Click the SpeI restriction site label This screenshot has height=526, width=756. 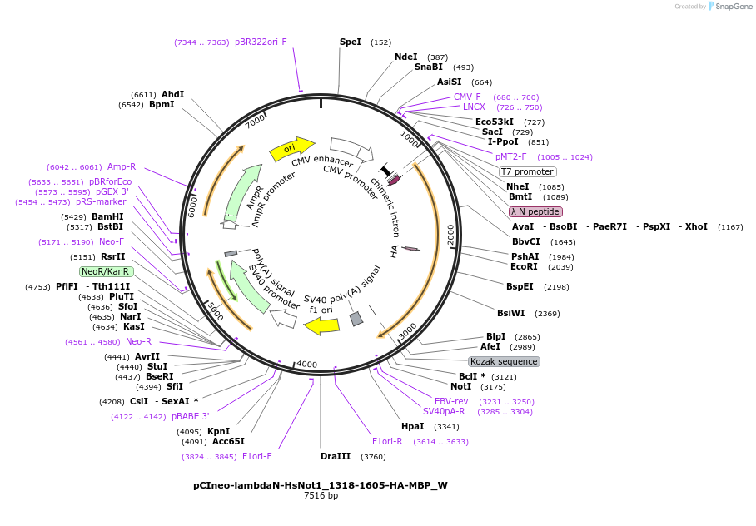[351, 42]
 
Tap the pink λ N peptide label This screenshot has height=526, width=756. [535, 211]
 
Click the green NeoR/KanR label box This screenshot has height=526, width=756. [106, 271]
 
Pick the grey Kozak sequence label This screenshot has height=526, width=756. [505, 361]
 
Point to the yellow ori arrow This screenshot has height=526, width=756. [291, 149]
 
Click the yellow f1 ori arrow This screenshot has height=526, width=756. [321, 325]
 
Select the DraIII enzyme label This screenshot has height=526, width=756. [336, 456]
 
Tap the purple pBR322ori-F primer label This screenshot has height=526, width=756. [261, 42]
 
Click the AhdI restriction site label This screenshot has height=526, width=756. [172, 94]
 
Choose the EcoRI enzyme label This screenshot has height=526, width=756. [524, 266]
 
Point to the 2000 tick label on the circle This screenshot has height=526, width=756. [450, 235]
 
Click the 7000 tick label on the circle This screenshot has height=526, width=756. [256, 122]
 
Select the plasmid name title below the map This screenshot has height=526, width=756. [321, 484]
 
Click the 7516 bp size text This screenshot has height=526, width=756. [321, 496]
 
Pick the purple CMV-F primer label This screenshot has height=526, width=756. [467, 97]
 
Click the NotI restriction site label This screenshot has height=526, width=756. [460, 386]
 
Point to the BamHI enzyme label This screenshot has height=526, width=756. [108, 216]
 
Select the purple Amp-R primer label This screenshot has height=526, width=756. [122, 166]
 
